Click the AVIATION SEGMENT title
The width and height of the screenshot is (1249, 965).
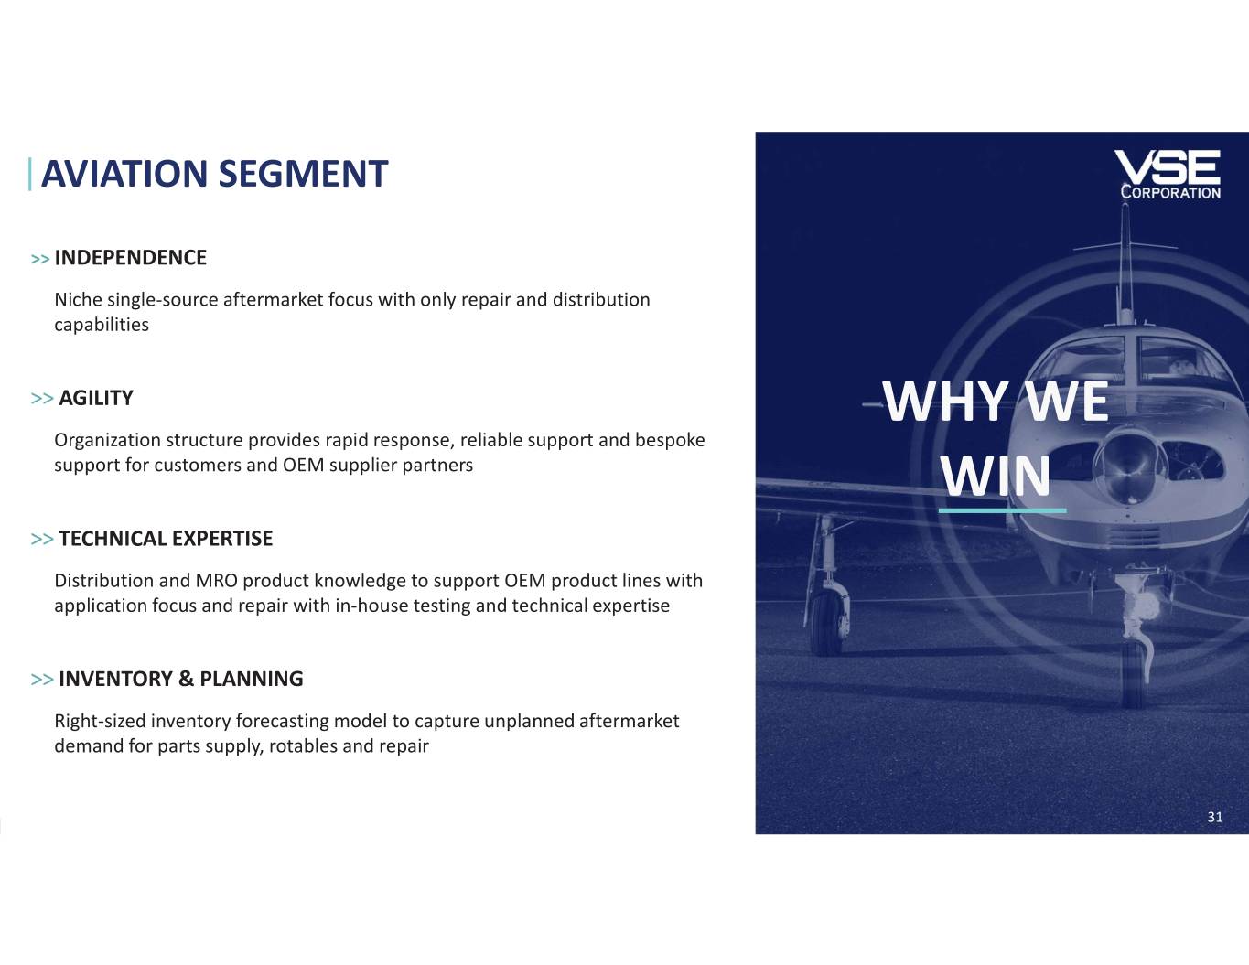coord(214,174)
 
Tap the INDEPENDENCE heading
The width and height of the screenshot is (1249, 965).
coord(131,257)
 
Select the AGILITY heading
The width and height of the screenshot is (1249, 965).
coord(96,398)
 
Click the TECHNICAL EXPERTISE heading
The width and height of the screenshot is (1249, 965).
coord(166,538)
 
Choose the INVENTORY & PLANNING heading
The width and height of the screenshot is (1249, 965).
coord(180,679)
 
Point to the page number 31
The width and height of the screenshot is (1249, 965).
coord(1215,817)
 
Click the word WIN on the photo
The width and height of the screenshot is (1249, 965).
coord(996,477)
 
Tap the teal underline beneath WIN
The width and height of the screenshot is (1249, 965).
coord(1003,510)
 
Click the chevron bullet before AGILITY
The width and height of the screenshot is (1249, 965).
coord(42,399)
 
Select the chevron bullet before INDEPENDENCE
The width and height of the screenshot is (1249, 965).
coord(40,259)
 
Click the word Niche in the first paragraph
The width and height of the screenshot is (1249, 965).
coord(78,300)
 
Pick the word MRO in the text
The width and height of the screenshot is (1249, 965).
coord(217,581)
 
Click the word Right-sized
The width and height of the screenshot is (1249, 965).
coord(100,722)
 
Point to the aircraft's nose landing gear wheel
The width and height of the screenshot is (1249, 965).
coord(1134,673)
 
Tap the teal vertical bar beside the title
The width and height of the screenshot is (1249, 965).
coord(30,174)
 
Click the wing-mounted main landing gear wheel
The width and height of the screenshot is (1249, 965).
coord(826,623)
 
